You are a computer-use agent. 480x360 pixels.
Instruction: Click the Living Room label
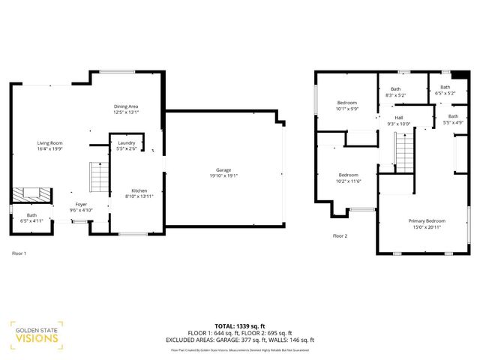50,142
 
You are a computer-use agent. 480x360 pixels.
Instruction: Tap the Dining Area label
126,106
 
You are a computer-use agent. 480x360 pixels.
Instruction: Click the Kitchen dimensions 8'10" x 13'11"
140,196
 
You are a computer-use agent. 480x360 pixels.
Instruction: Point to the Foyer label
81,204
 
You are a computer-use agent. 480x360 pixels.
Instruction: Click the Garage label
223,170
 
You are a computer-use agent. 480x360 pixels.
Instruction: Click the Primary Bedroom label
427,220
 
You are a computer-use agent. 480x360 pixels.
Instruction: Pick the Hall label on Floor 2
399,118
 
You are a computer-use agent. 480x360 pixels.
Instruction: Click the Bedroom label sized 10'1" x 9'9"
346,102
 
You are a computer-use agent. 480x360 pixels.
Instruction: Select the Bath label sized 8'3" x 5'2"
395,89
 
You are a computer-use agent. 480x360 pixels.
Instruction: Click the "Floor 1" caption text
19,253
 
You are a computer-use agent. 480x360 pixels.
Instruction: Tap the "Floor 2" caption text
340,235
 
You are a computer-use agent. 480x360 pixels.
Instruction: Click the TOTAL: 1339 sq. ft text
240,326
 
